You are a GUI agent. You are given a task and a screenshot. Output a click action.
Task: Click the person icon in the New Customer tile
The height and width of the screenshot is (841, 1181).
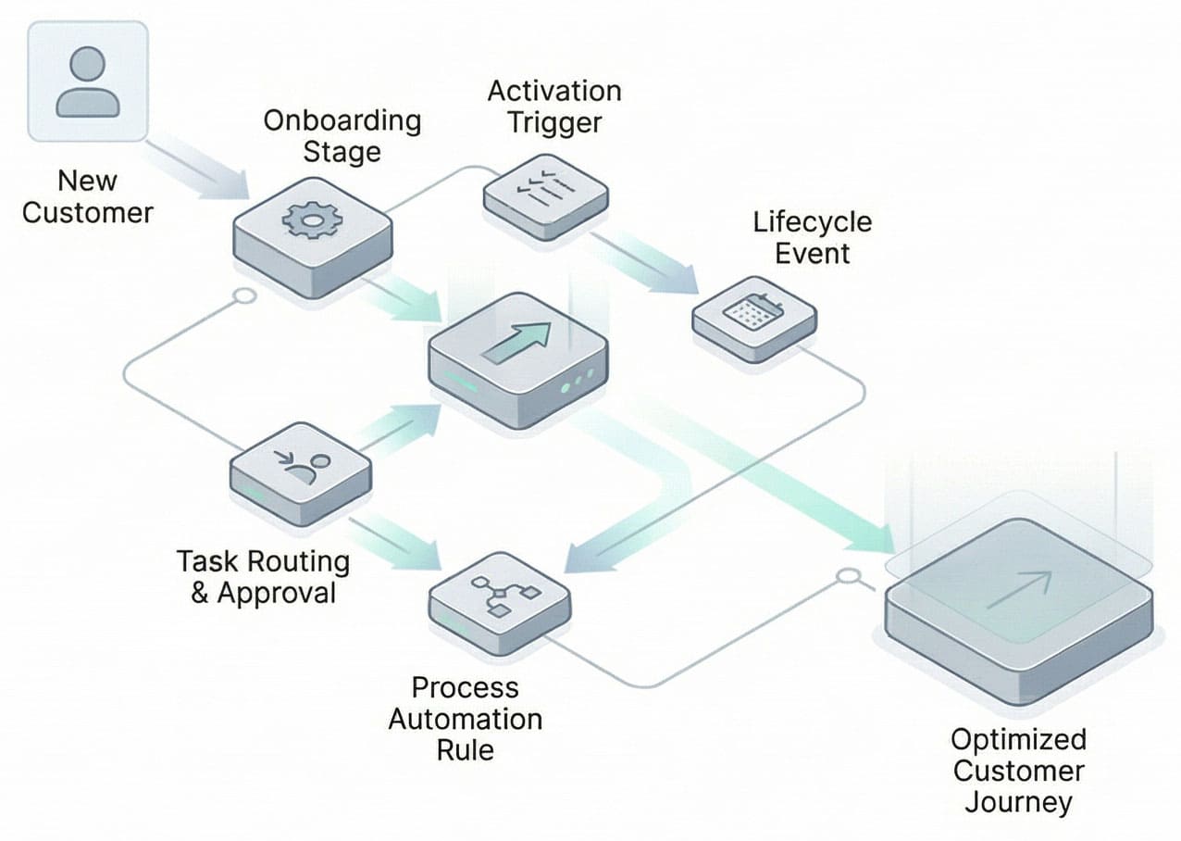[x=87, y=82]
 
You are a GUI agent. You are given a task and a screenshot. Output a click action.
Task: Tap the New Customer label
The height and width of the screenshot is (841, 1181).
[x=87, y=196]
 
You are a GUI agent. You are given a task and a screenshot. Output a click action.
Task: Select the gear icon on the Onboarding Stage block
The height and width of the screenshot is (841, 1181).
[x=311, y=220]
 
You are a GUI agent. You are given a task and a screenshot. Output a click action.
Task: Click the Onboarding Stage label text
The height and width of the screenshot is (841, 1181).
[x=342, y=136]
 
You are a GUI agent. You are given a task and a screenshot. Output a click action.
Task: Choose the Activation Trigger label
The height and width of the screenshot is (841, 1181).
[x=553, y=107]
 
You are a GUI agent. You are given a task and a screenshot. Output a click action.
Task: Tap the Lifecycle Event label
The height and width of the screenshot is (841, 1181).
[x=812, y=238]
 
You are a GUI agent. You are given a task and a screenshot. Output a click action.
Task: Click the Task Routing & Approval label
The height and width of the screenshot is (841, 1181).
[x=263, y=577]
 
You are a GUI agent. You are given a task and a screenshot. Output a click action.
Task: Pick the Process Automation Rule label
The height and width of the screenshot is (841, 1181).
[x=465, y=719]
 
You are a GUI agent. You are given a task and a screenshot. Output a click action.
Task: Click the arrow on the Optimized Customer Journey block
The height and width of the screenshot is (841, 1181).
[x=1018, y=590]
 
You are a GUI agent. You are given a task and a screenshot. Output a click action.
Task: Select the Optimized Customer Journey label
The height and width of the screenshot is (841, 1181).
[x=1018, y=771]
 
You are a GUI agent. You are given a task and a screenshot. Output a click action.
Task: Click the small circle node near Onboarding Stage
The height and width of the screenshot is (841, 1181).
[x=244, y=296]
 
